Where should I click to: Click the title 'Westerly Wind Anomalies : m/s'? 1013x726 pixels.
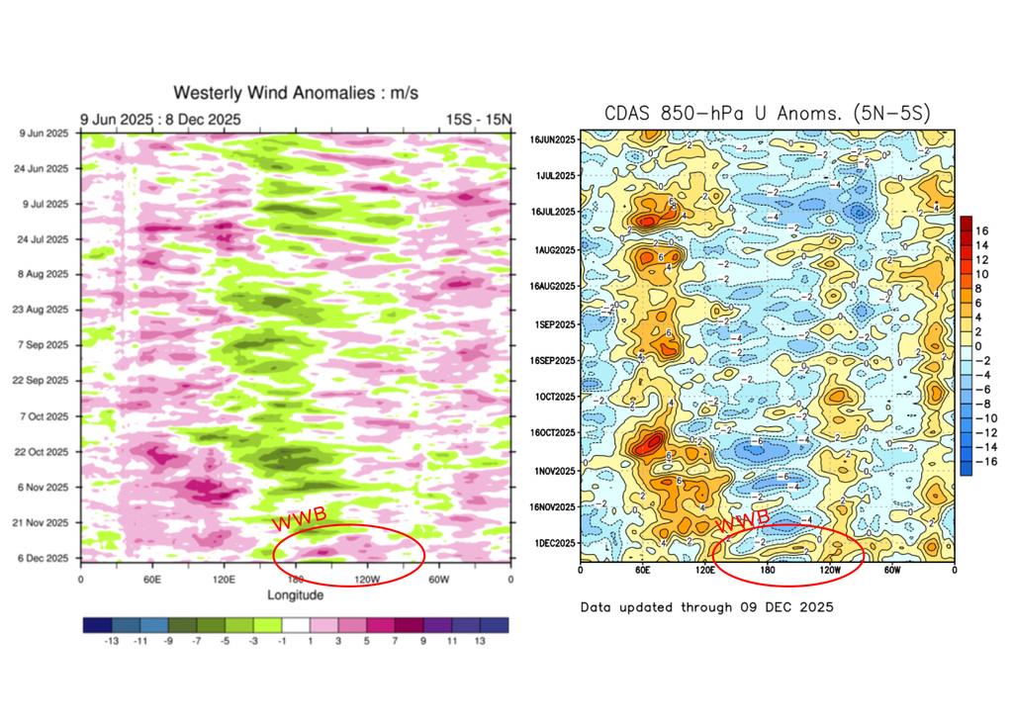296,93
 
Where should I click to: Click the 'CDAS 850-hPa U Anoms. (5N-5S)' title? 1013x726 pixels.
768,114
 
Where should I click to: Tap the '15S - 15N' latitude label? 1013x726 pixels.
478,120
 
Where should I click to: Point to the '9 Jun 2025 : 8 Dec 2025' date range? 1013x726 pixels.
159,120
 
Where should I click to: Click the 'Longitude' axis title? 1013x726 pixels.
295,594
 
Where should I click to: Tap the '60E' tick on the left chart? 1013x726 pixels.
151,579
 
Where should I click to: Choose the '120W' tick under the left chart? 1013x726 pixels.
367,579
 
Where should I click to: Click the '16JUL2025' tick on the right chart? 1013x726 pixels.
552,213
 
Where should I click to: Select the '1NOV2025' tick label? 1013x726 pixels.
553,470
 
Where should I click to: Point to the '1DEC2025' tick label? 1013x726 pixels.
553,544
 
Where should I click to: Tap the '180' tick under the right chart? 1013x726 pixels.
768,572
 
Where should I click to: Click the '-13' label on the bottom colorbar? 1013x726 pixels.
113,641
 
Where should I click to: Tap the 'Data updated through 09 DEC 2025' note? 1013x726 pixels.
706,606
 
